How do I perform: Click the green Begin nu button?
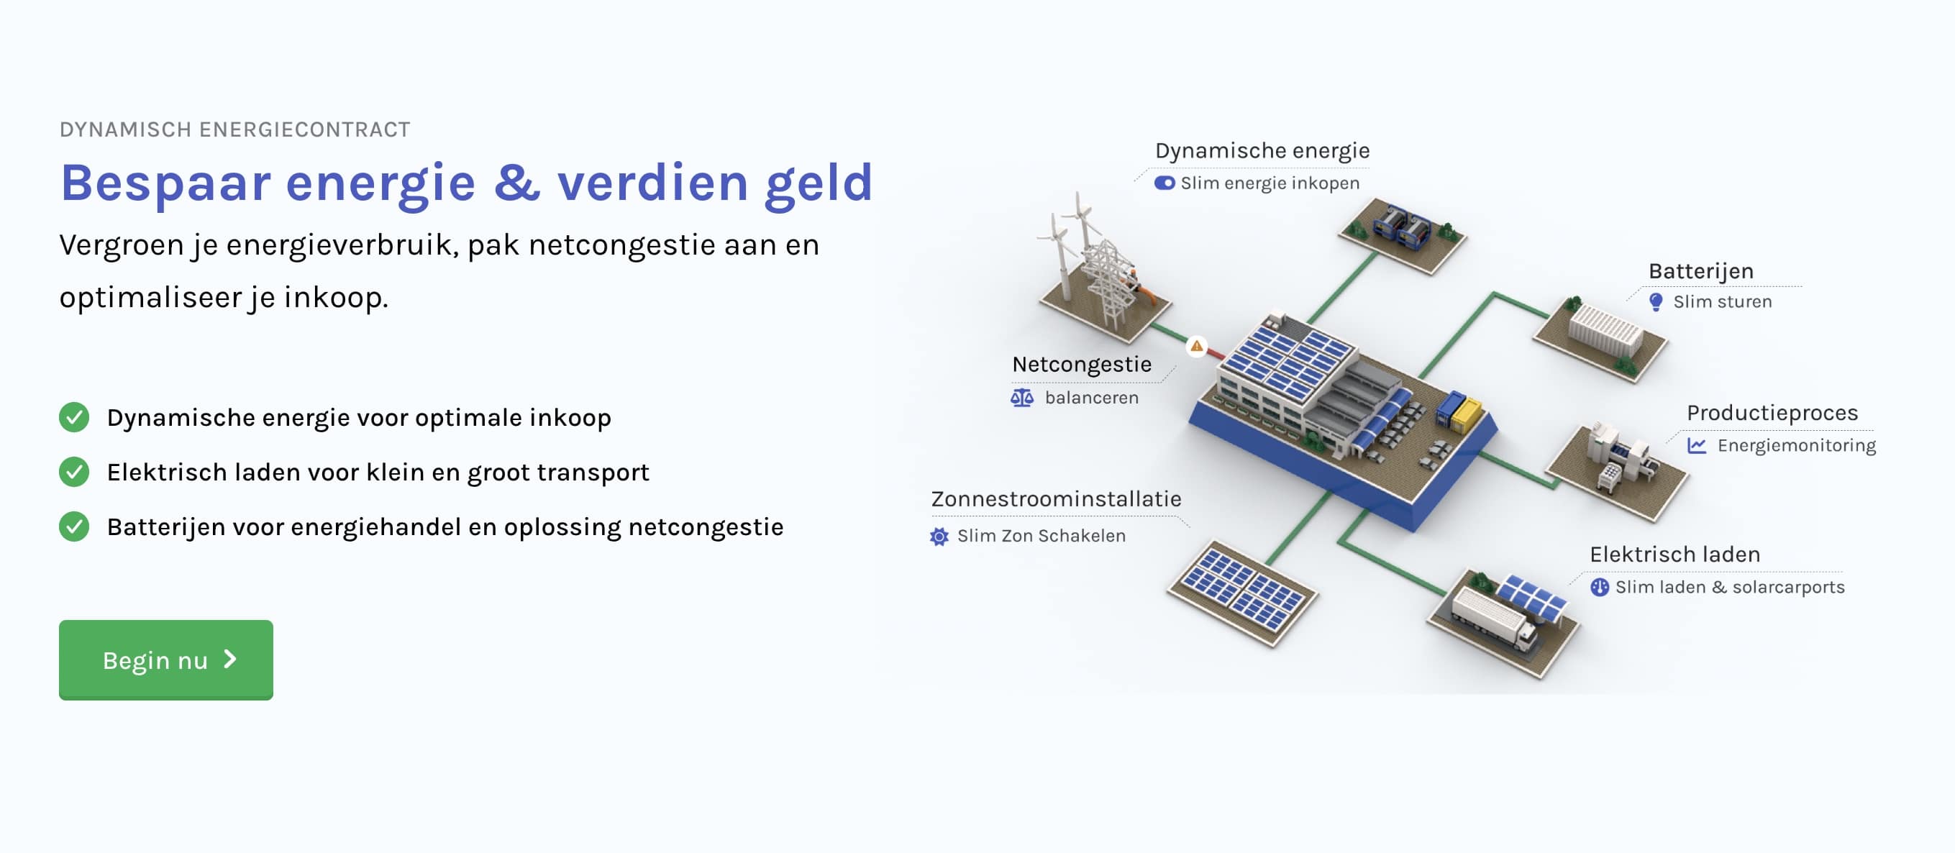coord(165,660)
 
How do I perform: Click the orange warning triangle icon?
coord(1197,346)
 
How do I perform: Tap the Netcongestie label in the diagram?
coord(1082,364)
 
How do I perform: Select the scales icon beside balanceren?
coord(1021,398)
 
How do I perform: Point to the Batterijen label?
coord(1701,271)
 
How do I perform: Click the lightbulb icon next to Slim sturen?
coord(1656,302)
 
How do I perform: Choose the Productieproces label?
coord(1772,413)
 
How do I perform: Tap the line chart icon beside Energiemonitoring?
coord(1697,445)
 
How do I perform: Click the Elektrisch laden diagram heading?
coord(1675,554)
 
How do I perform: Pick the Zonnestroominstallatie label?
coord(1056,498)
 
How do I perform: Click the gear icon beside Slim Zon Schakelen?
coord(939,537)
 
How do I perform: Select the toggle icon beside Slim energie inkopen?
coord(1165,183)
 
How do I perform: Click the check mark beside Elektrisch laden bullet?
coord(73,472)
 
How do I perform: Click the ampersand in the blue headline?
coord(517,182)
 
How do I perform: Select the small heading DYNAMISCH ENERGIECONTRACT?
coord(234,129)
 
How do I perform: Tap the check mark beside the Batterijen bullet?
coord(73,526)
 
